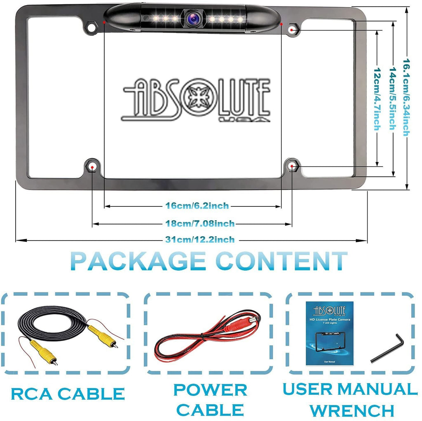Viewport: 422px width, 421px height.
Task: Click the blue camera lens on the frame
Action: point(192,18)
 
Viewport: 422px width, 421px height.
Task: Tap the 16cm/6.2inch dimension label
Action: point(197,206)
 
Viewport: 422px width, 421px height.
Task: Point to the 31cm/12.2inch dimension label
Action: point(200,240)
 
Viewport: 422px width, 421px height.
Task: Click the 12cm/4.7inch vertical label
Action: point(376,99)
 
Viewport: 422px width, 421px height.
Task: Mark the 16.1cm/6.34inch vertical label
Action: point(406,98)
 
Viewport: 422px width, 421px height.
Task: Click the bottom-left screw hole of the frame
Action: point(92,166)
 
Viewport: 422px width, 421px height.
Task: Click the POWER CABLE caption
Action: point(210,400)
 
